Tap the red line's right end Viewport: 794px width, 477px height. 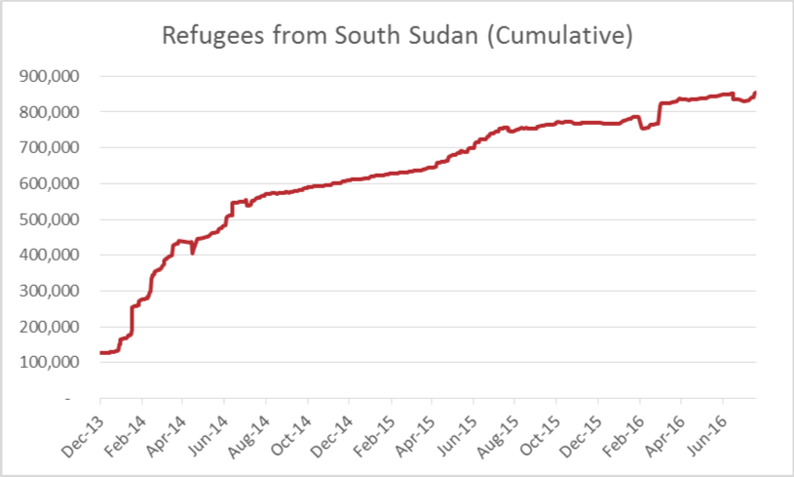point(756,93)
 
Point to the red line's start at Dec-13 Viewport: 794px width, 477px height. point(100,352)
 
